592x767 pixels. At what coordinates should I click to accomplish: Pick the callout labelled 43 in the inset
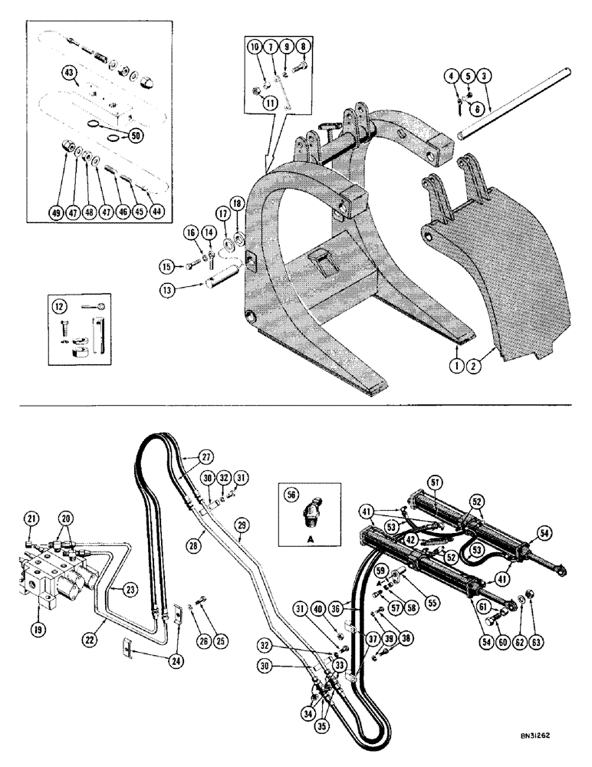[70, 73]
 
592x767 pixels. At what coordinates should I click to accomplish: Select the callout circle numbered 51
[435, 482]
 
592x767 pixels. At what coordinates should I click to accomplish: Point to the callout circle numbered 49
[56, 214]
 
